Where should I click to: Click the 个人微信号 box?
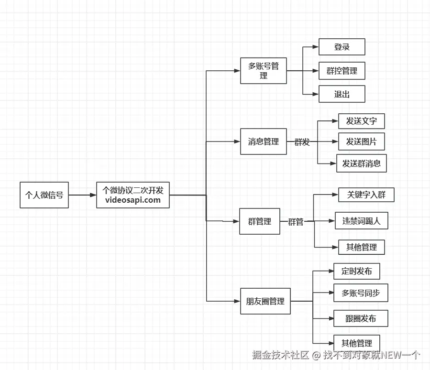pos(44,195)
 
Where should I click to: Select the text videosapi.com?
pos(133,200)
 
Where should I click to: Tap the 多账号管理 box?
pos(264,71)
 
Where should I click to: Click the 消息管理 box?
pos(264,141)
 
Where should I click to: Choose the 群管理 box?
pos(260,221)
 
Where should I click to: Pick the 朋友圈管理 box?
pos(265,301)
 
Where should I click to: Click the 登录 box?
pos(342,47)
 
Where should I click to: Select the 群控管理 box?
pos(342,71)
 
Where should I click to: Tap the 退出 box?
pos(342,94)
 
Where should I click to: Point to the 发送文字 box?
pos(362,121)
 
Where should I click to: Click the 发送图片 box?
pos(362,141)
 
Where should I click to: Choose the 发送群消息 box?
pos(362,163)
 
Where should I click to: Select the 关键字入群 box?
pos(366,195)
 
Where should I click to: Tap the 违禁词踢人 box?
pos(362,221)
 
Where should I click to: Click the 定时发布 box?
pos(357,271)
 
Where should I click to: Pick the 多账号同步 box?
pos(361,293)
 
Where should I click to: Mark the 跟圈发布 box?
pos(361,318)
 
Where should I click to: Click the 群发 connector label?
pos(302,142)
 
